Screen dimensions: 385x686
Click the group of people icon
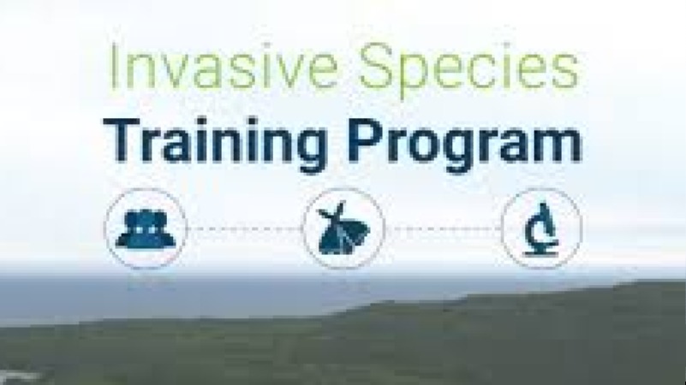(146, 229)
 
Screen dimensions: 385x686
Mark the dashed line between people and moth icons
(245, 229)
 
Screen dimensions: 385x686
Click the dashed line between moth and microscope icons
(443, 229)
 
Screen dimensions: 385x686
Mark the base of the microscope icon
(542, 251)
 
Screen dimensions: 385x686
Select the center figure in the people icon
(146, 226)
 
